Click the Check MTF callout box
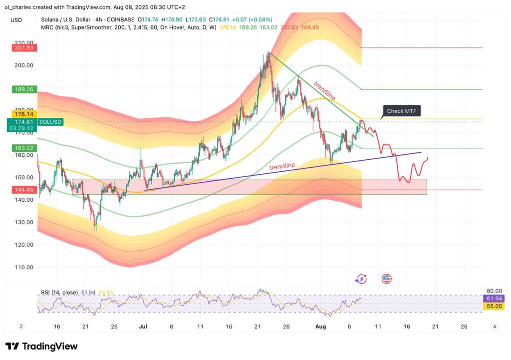(x=402, y=111)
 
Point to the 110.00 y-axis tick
(x=24, y=267)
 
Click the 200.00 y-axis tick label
(x=24, y=65)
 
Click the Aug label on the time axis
(x=320, y=326)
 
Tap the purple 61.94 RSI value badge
(x=493, y=298)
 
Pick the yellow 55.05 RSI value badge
(x=493, y=306)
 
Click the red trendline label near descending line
(x=324, y=90)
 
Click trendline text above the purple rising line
(x=282, y=166)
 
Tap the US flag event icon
(x=386, y=279)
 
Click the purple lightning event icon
(x=361, y=279)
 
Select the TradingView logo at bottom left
(x=41, y=347)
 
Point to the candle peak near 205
(x=268, y=53)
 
